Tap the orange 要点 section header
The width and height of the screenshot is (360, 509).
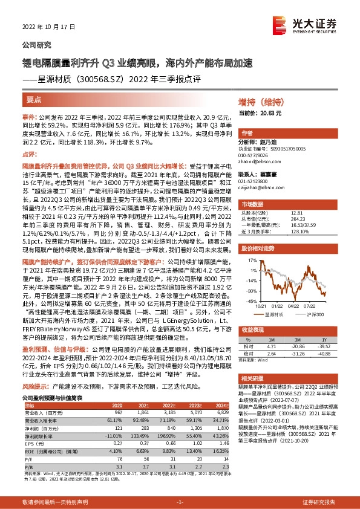[34, 98]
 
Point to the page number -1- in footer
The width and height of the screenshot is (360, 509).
[180, 502]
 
